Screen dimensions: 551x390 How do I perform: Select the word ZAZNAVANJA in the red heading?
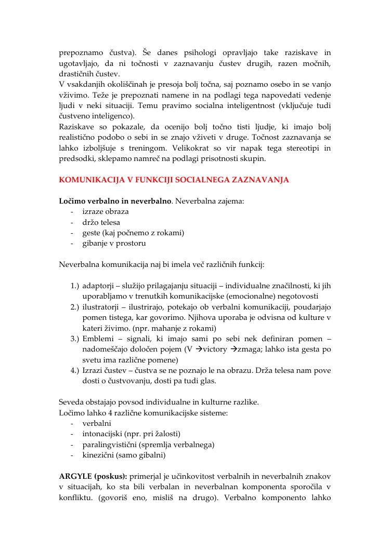click(x=263, y=180)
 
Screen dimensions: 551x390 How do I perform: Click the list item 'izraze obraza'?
click(x=105, y=211)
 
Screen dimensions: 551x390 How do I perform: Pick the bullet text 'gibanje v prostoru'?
click(x=114, y=243)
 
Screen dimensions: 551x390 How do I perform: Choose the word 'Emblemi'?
click(x=97, y=339)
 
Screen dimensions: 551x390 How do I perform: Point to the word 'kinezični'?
click(x=98, y=455)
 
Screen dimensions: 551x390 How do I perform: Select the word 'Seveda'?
click(x=72, y=402)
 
